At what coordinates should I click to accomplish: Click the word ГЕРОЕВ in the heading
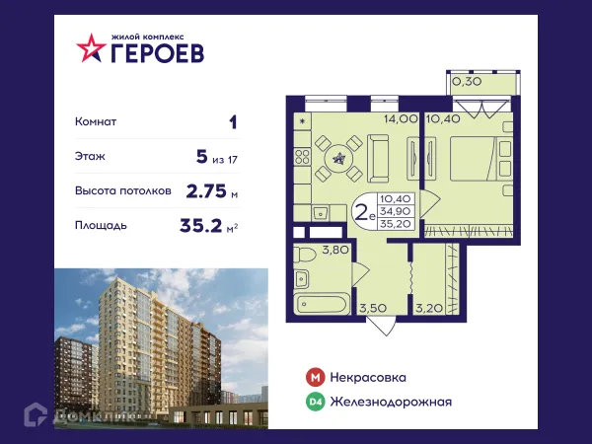coord(155,52)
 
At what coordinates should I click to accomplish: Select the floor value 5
coord(202,156)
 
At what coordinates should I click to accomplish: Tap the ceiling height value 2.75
coord(206,190)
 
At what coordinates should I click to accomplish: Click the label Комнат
coord(96,122)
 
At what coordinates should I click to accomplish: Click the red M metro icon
coord(315,377)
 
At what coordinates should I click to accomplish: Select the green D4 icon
coord(315,402)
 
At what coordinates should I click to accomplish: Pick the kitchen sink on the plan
coord(321,211)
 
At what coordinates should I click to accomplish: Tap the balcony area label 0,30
coord(466,82)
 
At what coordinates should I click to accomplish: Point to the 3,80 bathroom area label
coord(310,237)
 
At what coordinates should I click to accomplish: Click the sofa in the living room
coord(379,158)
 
